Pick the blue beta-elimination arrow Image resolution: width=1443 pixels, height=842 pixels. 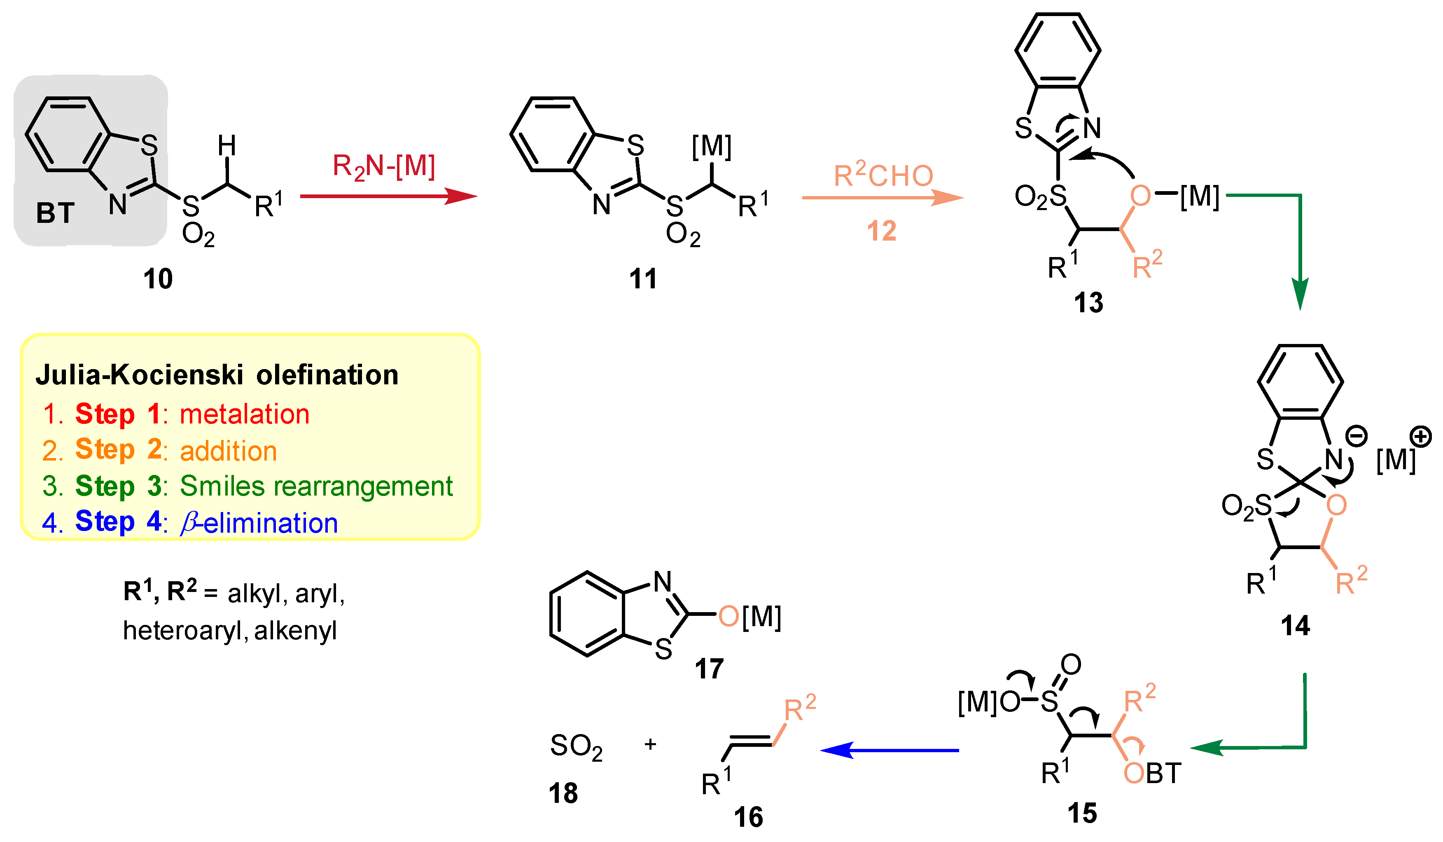(890, 750)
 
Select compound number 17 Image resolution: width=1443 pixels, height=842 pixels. (709, 669)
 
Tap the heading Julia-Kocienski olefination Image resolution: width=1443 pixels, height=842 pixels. (217, 376)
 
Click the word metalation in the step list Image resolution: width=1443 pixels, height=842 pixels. (245, 414)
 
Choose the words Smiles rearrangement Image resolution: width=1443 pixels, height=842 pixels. (316, 486)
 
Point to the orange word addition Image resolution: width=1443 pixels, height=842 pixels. (229, 451)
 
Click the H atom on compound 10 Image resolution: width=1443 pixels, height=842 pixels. (227, 146)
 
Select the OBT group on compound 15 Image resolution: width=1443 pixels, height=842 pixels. (1153, 773)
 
